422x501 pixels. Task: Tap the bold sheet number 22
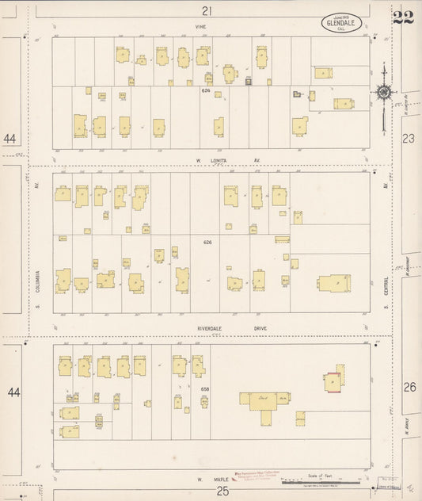403,17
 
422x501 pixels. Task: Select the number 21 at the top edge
207,11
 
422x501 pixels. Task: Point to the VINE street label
201,26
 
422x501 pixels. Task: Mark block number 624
207,90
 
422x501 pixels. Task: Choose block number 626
207,242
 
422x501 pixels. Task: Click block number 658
206,389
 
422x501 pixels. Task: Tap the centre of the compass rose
382,94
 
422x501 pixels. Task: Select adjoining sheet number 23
409,139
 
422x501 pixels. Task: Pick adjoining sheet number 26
409,387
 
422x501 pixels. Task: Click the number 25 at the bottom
207,492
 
